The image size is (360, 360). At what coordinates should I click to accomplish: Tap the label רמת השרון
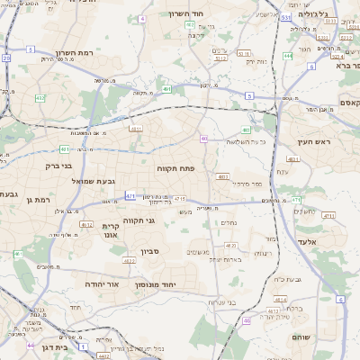tap(49, 53)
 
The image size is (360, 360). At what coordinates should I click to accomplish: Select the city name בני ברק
tap(58, 166)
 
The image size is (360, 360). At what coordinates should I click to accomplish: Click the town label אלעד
tap(307, 242)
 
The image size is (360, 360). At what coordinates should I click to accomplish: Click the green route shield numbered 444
tap(287, 56)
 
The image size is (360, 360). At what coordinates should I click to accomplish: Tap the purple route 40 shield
tap(204, 139)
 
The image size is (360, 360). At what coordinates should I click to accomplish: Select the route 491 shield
tap(167, 89)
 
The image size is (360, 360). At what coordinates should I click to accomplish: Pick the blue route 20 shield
tap(6, 58)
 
